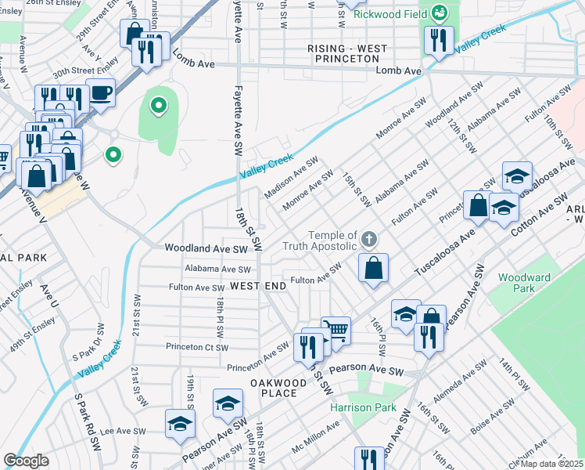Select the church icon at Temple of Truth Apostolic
(x=369, y=238)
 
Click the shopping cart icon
(x=336, y=330)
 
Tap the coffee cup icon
(x=101, y=92)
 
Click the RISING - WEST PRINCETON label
(x=347, y=54)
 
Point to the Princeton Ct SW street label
(x=196, y=347)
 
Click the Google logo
(x=26, y=461)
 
